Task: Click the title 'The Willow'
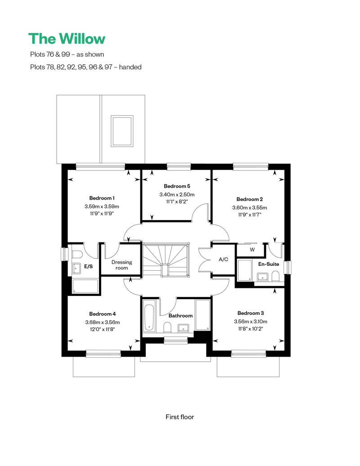point(67,39)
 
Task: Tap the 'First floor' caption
point(180,417)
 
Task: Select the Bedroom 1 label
point(102,198)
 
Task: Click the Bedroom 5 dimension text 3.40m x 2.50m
point(176,194)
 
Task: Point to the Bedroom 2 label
point(249,199)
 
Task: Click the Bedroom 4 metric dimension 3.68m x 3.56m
point(102,322)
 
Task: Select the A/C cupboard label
point(224,260)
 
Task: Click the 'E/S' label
point(89,267)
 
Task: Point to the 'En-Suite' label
point(269,264)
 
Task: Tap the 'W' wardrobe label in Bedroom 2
point(252,249)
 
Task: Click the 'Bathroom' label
point(180,316)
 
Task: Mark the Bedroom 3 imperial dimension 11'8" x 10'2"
point(250,329)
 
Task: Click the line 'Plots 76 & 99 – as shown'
point(66,54)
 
